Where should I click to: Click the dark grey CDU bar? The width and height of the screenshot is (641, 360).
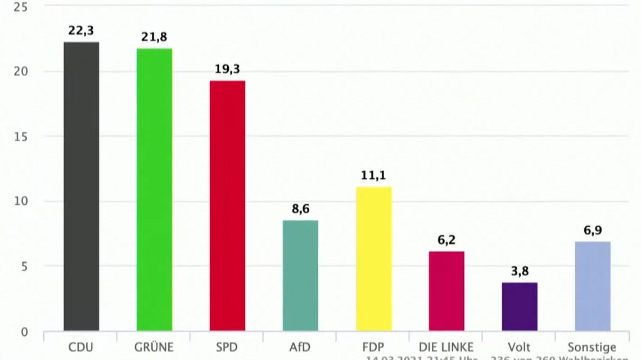point(82,186)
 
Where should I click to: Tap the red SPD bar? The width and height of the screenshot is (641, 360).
point(228,205)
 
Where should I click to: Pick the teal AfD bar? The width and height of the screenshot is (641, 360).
point(300,275)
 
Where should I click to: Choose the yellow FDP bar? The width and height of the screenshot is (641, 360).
point(374,259)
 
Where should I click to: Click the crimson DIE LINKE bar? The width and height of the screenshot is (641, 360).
point(447,291)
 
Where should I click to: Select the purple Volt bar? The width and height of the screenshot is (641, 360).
point(520,307)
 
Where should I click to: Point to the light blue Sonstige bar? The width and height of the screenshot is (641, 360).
point(593,286)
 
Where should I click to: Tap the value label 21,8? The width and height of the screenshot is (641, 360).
point(154,38)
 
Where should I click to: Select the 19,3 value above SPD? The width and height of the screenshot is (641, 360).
point(227,70)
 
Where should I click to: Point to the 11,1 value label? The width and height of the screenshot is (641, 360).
point(373,176)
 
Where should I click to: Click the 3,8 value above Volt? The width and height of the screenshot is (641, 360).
point(520,272)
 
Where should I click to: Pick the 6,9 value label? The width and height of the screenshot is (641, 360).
point(593,231)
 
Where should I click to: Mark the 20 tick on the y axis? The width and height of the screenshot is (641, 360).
point(20,71)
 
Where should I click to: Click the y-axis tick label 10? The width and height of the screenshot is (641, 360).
point(20,201)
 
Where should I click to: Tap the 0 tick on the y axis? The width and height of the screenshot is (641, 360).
point(24,332)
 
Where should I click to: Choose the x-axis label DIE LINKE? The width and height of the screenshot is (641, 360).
point(446,347)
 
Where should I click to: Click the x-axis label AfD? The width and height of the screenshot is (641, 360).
point(300,347)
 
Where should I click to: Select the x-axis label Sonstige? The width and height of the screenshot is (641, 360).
point(593,347)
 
